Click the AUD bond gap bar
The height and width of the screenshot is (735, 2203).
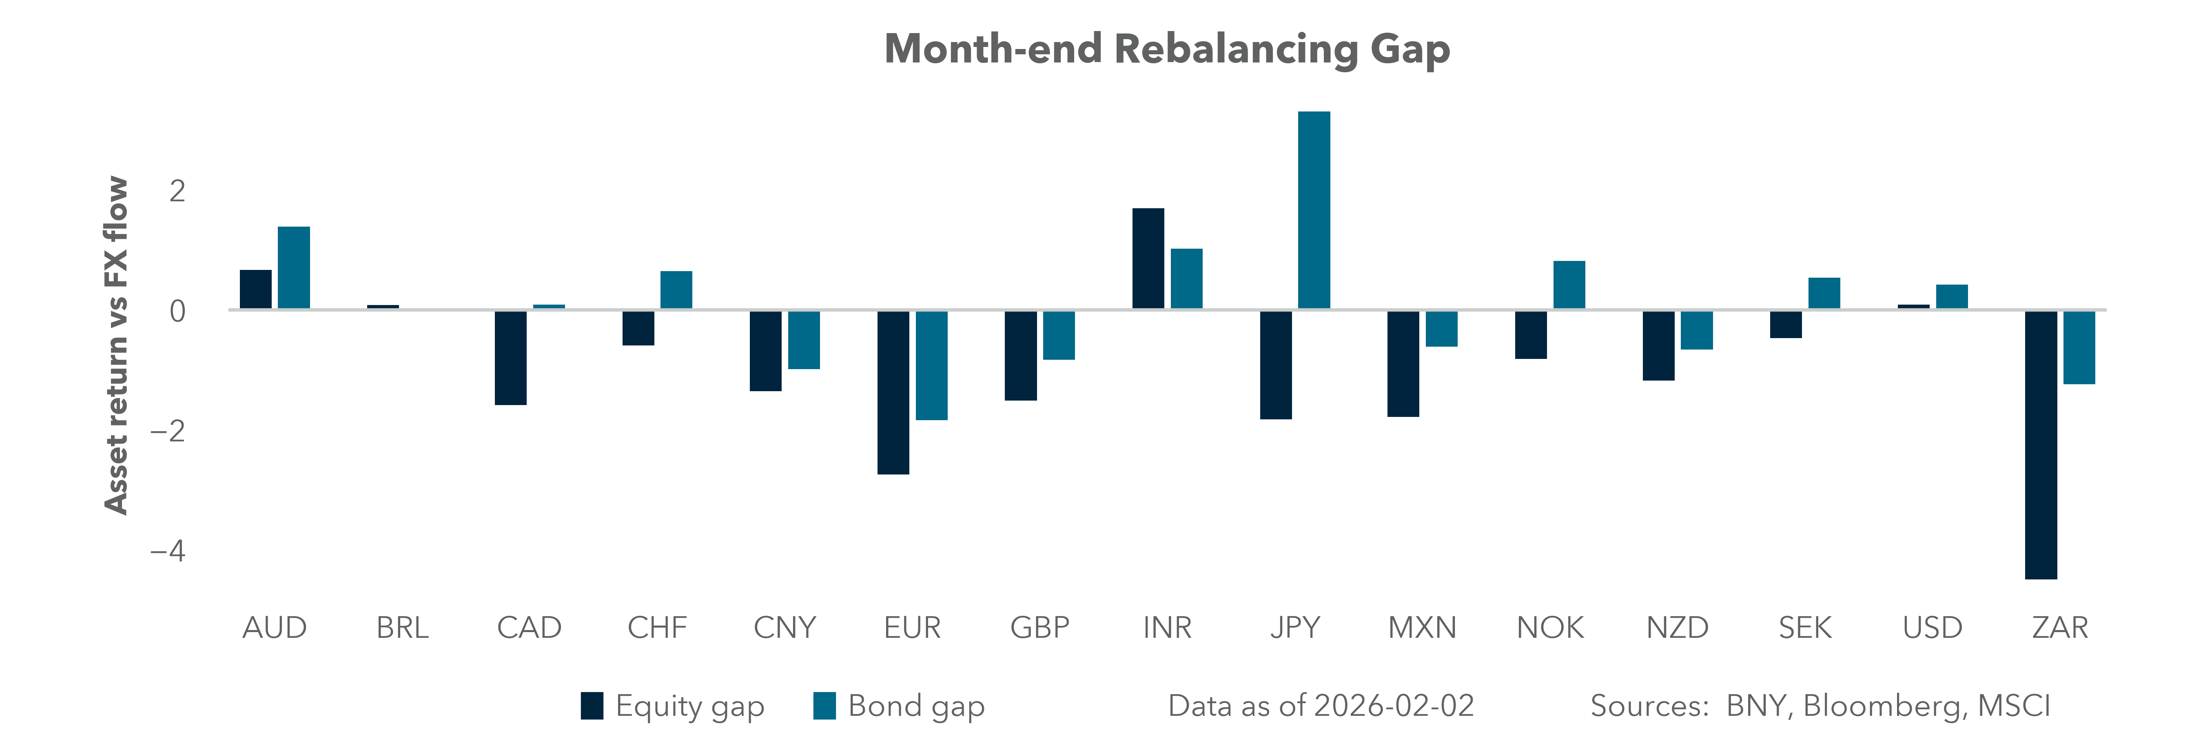pos(293,268)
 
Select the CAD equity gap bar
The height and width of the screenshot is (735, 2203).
pos(510,358)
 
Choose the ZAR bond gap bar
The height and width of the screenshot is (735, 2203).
pos(2079,347)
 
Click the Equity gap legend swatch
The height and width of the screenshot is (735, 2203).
pos(592,706)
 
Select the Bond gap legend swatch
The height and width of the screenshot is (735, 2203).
pos(824,706)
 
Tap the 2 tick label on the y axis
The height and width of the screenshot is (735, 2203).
pos(177,191)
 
